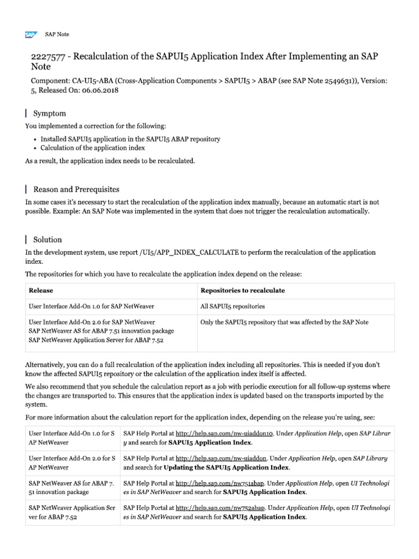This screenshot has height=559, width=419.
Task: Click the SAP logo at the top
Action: [31, 34]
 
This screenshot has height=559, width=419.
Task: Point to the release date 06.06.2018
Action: [100, 90]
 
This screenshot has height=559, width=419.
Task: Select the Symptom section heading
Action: [50, 114]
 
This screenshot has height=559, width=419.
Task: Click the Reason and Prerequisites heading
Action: [76, 189]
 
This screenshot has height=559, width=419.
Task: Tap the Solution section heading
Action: [47, 240]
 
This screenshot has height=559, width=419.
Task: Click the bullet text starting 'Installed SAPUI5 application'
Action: [130, 139]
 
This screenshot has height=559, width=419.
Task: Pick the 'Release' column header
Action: [41, 290]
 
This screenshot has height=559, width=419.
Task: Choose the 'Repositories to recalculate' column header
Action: [242, 290]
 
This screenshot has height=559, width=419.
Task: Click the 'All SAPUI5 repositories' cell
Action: [232, 307]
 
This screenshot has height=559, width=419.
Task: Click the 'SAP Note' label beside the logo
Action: [57, 34]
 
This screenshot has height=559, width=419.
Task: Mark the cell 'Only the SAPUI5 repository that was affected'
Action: [284, 322]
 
